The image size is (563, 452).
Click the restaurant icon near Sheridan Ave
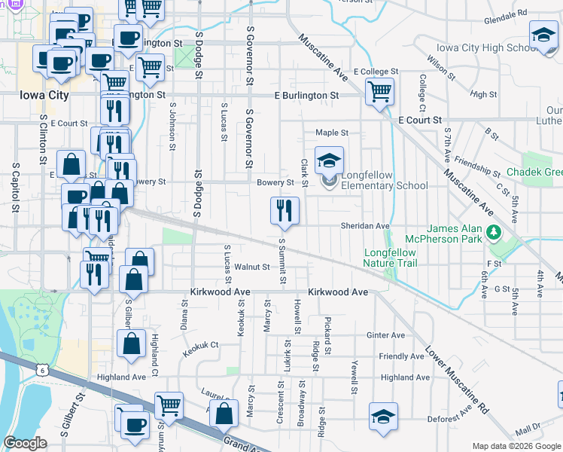(285, 210)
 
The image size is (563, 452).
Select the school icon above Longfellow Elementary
(329, 160)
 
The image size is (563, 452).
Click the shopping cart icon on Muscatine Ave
(380, 92)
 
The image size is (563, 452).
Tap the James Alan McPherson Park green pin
(493, 231)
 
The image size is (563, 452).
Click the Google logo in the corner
(25, 443)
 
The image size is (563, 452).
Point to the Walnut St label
(251, 267)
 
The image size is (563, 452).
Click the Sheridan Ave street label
(365, 226)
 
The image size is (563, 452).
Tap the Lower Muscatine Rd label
(457, 382)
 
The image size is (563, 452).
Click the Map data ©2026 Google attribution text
(516, 446)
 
